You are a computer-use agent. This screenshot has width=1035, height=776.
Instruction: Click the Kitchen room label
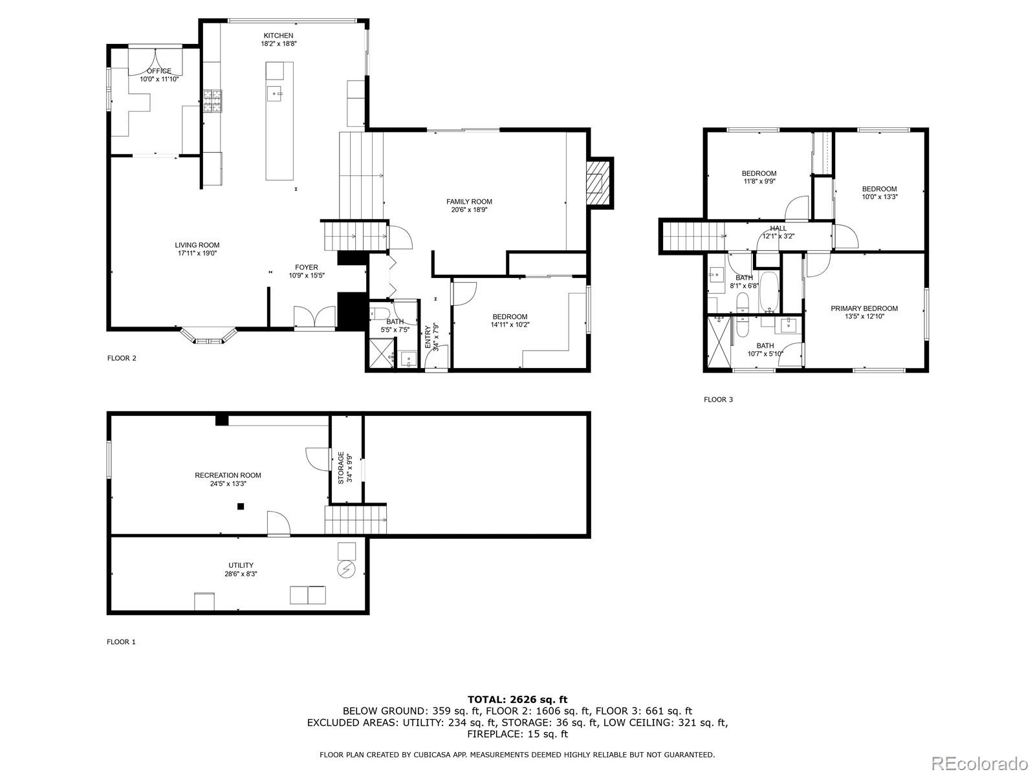click(278, 36)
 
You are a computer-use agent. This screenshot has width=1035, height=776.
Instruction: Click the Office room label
click(159, 71)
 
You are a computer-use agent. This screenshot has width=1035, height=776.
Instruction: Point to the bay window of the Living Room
click(208, 338)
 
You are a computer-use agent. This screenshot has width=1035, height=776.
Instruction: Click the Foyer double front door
click(314, 318)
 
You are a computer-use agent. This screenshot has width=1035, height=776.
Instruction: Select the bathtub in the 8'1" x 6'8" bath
click(769, 291)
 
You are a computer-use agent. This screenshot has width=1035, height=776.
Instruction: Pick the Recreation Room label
click(228, 475)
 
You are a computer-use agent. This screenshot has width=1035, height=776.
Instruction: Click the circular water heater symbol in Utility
click(347, 569)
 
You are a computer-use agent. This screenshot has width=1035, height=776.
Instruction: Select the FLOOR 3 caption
click(718, 400)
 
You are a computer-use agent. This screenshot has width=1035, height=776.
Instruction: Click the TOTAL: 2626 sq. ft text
click(517, 699)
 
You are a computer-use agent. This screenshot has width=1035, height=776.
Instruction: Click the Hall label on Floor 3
click(778, 228)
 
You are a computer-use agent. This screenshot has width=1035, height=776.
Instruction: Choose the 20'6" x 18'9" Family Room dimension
click(469, 210)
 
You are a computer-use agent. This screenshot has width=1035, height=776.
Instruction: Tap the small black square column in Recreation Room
click(241, 506)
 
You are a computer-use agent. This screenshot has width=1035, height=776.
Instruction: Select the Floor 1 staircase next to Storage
click(355, 520)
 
